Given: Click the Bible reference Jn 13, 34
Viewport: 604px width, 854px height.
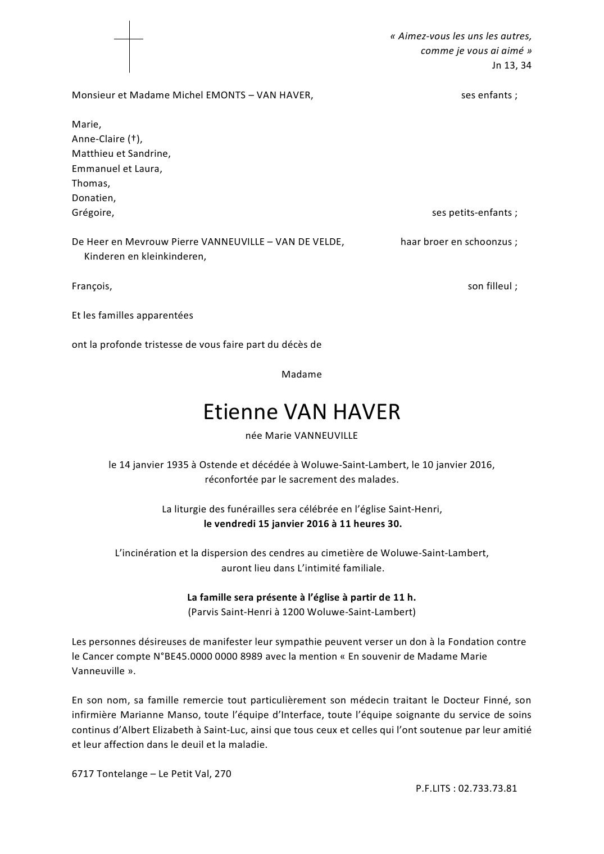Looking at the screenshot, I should (x=511, y=65).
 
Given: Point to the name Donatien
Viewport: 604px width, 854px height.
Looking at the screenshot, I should (x=93, y=198).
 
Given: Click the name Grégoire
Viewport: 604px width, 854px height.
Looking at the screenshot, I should (x=92, y=212).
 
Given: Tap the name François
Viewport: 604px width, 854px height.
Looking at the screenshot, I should (x=91, y=286).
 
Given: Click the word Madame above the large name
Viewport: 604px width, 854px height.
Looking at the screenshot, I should (x=302, y=374).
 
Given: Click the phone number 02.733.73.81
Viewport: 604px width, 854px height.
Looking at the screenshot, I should (x=487, y=788).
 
